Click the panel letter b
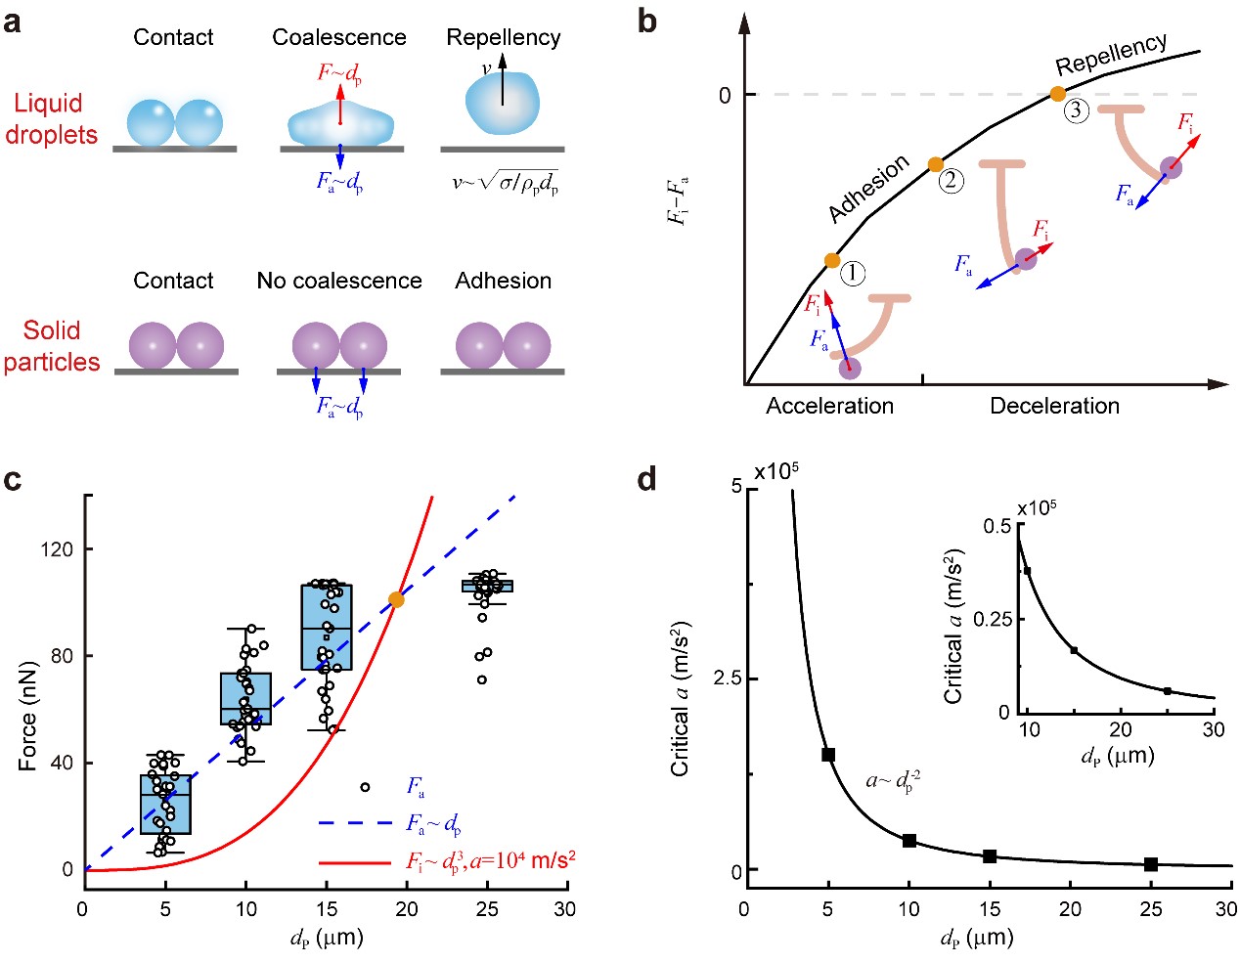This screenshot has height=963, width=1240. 647,22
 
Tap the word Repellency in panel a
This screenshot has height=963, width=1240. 503,37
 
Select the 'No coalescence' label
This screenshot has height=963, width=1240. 338,281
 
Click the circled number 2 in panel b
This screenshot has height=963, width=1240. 951,181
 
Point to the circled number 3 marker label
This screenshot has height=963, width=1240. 1076,110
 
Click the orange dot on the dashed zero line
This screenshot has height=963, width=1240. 1057,94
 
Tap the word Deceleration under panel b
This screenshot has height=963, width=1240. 1054,406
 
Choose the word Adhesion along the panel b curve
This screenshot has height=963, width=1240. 868,189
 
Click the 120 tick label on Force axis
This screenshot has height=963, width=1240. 57,549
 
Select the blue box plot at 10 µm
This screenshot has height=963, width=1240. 245,698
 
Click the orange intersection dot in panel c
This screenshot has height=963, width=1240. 396,599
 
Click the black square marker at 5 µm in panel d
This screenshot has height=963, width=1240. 828,754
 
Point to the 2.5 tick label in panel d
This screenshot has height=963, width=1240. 726,678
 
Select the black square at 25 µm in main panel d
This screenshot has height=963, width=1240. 1151,863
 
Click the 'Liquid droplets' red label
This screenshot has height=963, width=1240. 51,119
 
